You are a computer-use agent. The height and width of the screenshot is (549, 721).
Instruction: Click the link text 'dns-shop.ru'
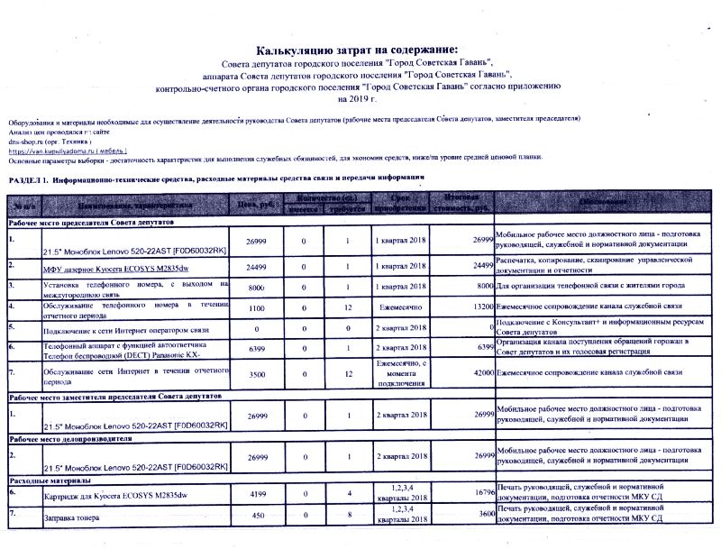point(29,141)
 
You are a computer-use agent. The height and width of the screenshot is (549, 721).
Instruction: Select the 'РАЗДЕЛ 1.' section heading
point(33,180)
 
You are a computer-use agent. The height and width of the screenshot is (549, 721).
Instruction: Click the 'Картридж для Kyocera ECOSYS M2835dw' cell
point(114,497)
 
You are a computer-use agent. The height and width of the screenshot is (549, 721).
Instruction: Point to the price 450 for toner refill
point(256,516)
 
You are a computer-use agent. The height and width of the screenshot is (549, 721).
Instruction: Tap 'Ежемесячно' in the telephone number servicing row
point(401,307)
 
